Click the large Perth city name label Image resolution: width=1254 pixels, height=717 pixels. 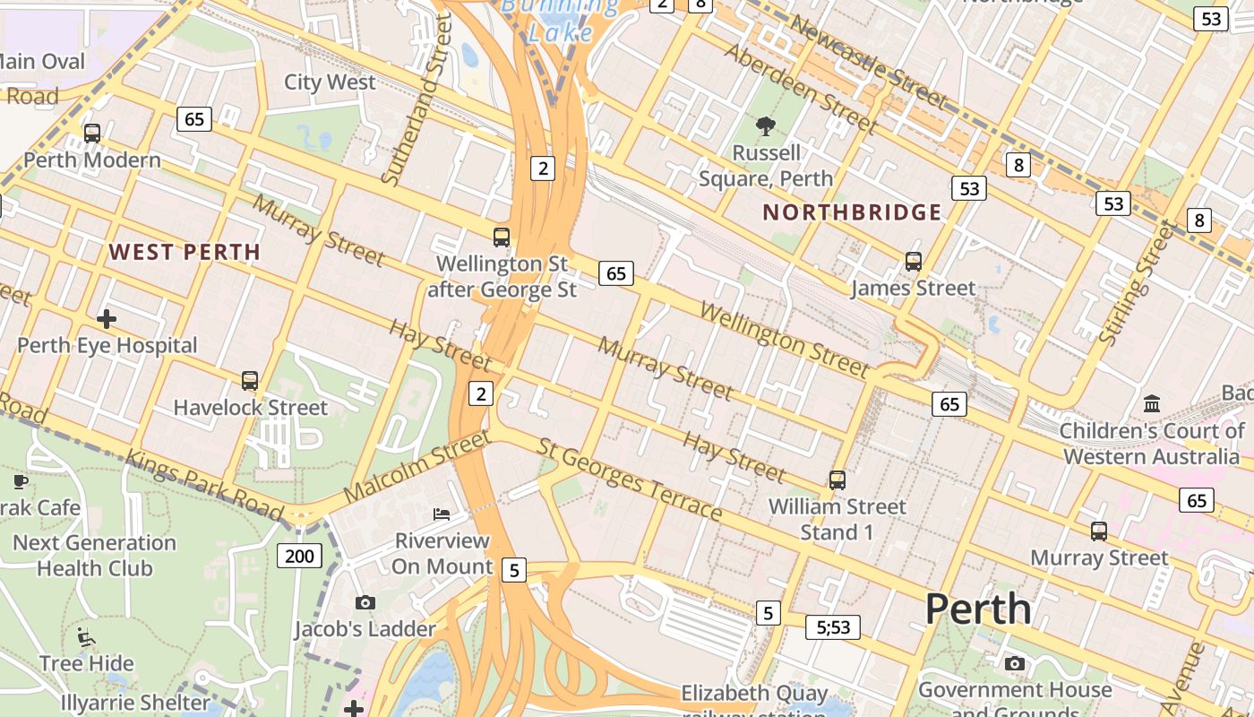tap(978, 609)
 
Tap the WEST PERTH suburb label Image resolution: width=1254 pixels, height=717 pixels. tap(185, 252)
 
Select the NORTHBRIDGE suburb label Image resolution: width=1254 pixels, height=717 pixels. tap(852, 212)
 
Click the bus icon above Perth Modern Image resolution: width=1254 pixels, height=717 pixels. tap(92, 134)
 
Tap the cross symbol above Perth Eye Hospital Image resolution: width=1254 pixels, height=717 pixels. tap(107, 318)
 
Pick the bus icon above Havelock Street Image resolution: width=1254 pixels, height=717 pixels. tap(250, 381)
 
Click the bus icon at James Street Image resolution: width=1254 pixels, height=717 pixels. tap(914, 262)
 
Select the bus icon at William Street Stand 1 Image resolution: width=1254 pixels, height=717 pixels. tap(837, 480)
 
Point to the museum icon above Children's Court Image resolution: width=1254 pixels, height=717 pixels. tap(1152, 403)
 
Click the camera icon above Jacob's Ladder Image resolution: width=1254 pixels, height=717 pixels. tap(365, 602)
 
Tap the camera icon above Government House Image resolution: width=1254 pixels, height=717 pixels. tap(1015, 663)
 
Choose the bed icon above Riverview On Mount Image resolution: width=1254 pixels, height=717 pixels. tap(442, 514)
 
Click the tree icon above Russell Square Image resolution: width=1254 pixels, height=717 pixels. tap(766, 125)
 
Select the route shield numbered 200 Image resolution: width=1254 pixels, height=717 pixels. tap(299, 556)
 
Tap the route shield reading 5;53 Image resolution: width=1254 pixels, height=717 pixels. tap(833, 627)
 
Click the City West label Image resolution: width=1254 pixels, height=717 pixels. tap(330, 82)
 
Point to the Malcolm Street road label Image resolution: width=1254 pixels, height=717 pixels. tap(417, 466)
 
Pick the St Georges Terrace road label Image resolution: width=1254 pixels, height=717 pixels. tap(630, 479)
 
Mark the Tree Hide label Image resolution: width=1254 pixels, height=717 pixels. tap(87, 663)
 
